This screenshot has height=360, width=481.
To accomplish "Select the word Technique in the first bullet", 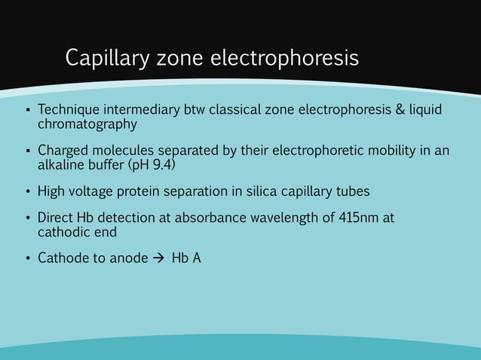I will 68,111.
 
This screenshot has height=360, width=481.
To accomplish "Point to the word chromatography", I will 87,124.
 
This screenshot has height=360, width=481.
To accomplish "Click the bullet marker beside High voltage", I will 26,192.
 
